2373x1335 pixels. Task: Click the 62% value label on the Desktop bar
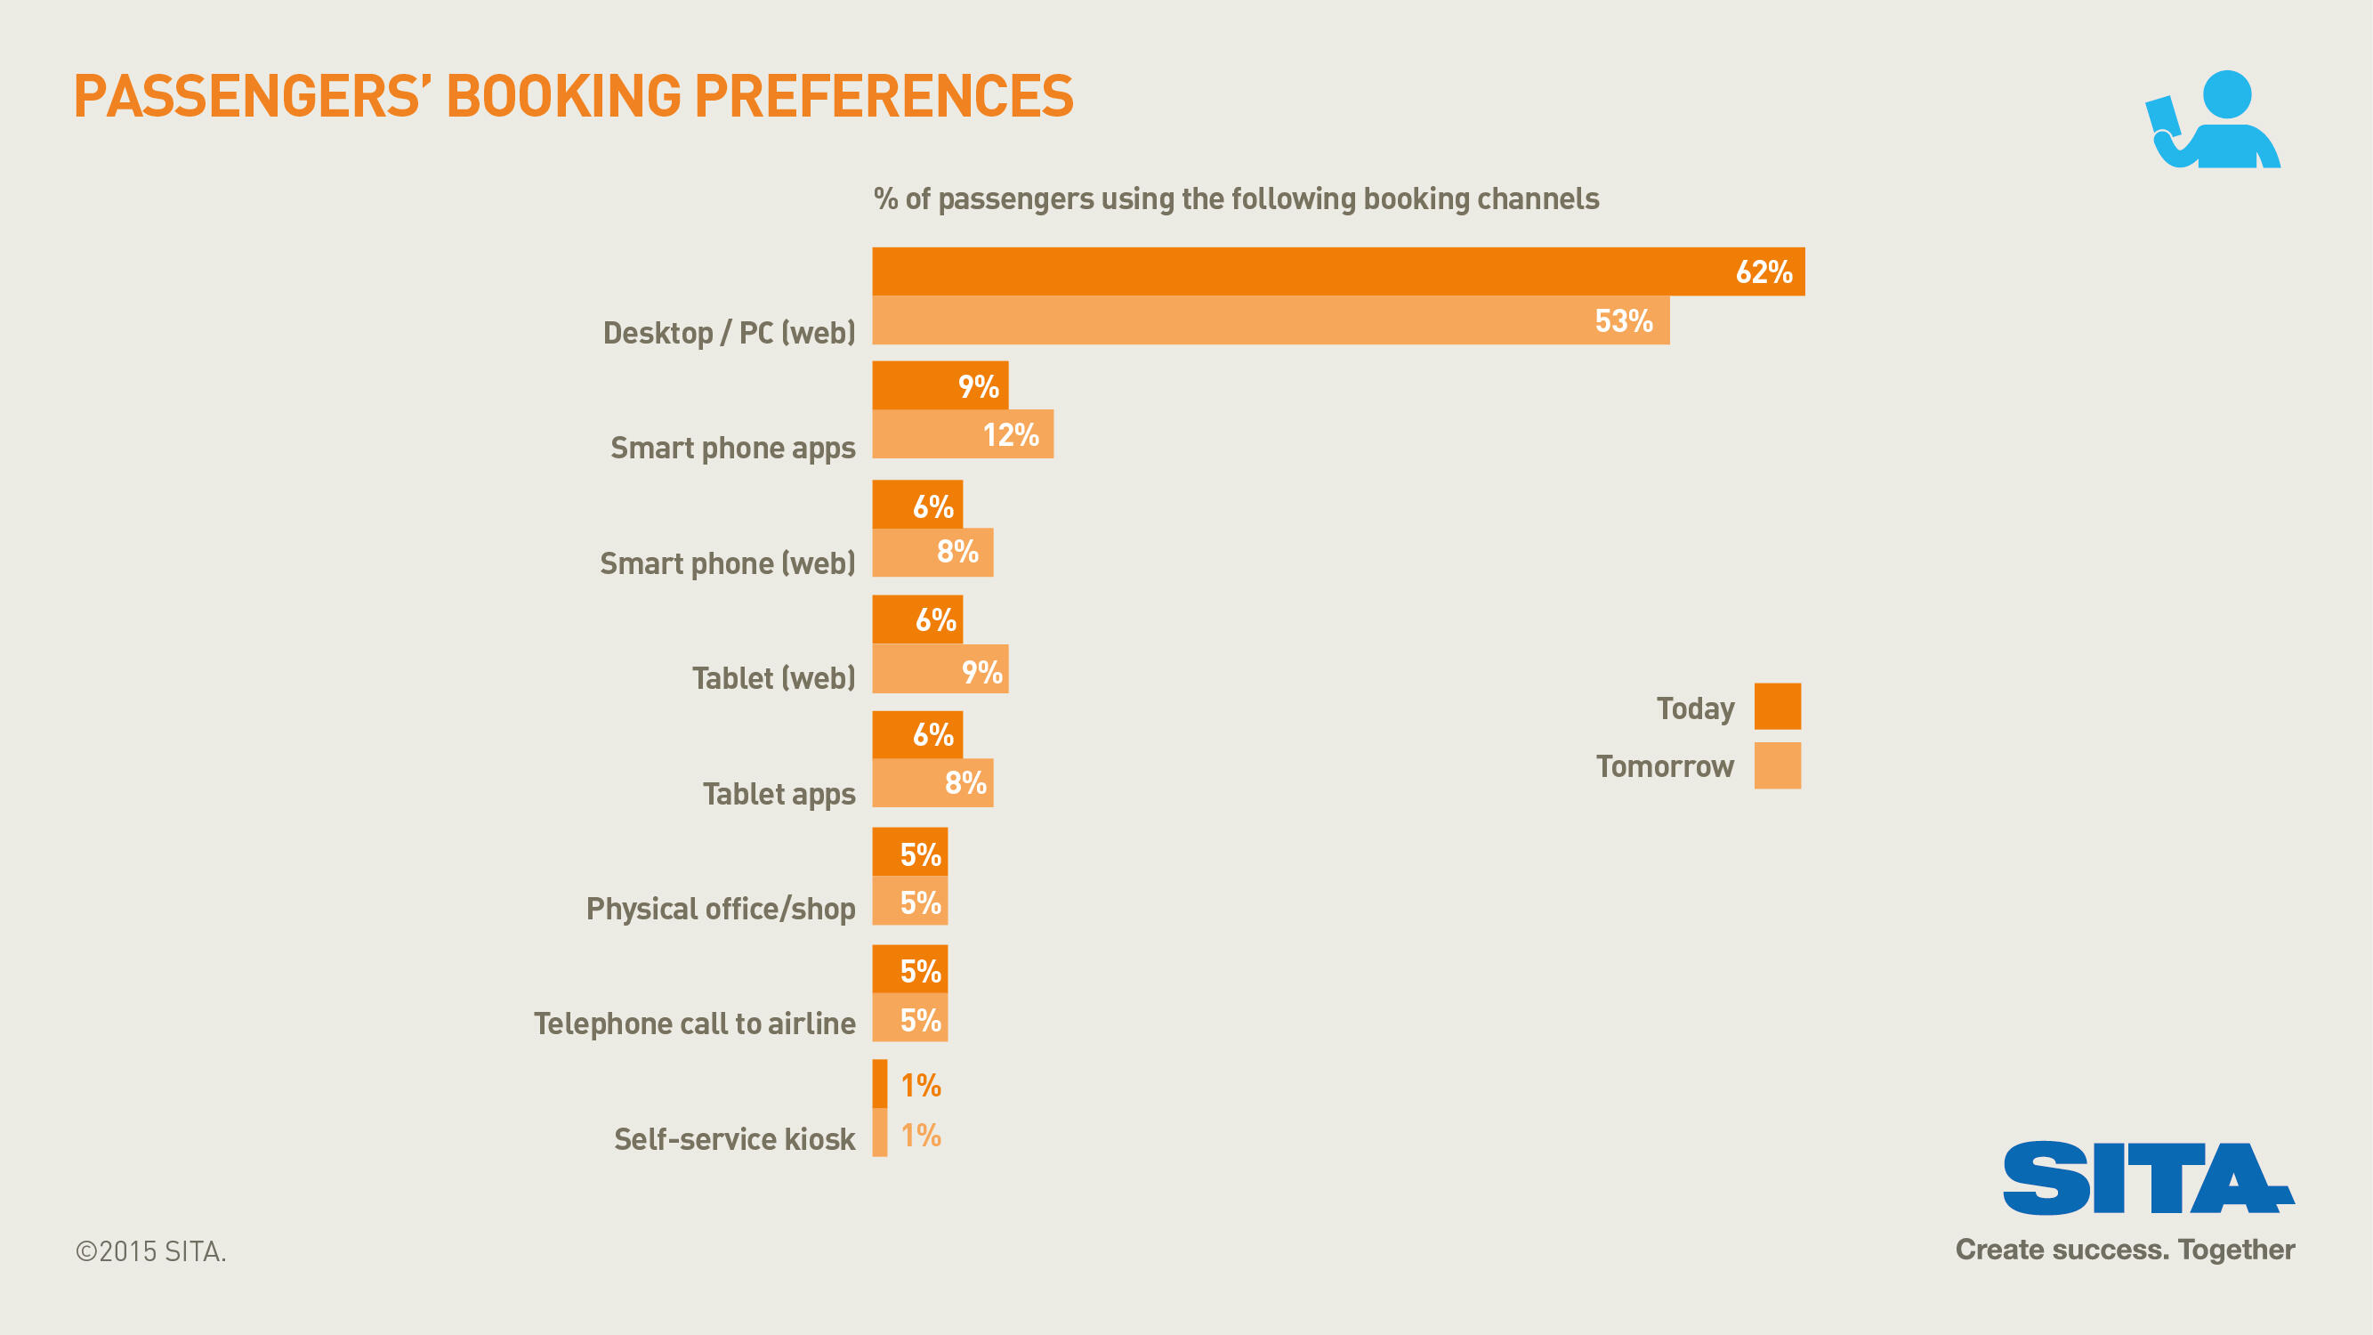click(x=1764, y=271)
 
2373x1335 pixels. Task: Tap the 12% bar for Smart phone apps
click(x=962, y=434)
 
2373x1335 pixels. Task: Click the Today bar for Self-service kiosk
click(x=880, y=1083)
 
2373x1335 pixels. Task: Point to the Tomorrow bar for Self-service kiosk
click(x=880, y=1132)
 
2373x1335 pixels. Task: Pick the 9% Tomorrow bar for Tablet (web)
click(x=940, y=669)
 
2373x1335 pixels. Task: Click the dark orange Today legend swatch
click(x=1777, y=707)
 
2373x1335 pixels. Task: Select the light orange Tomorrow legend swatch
click(x=1777, y=765)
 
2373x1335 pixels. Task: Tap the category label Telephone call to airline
click(x=695, y=1023)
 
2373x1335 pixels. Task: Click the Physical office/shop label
click(x=721, y=909)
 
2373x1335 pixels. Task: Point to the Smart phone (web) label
click(x=727, y=563)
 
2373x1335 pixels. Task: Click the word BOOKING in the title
click(x=564, y=96)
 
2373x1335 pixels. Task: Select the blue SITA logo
click(x=2147, y=1178)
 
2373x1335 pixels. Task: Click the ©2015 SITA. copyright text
click(x=151, y=1251)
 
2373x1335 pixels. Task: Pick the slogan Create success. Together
click(x=2124, y=1250)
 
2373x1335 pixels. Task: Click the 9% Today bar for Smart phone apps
click(x=940, y=385)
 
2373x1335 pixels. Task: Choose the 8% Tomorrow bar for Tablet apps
click(x=932, y=783)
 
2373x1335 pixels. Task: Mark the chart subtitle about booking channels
click(x=1235, y=199)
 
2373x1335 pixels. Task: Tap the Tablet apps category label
click(x=779, y=793)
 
